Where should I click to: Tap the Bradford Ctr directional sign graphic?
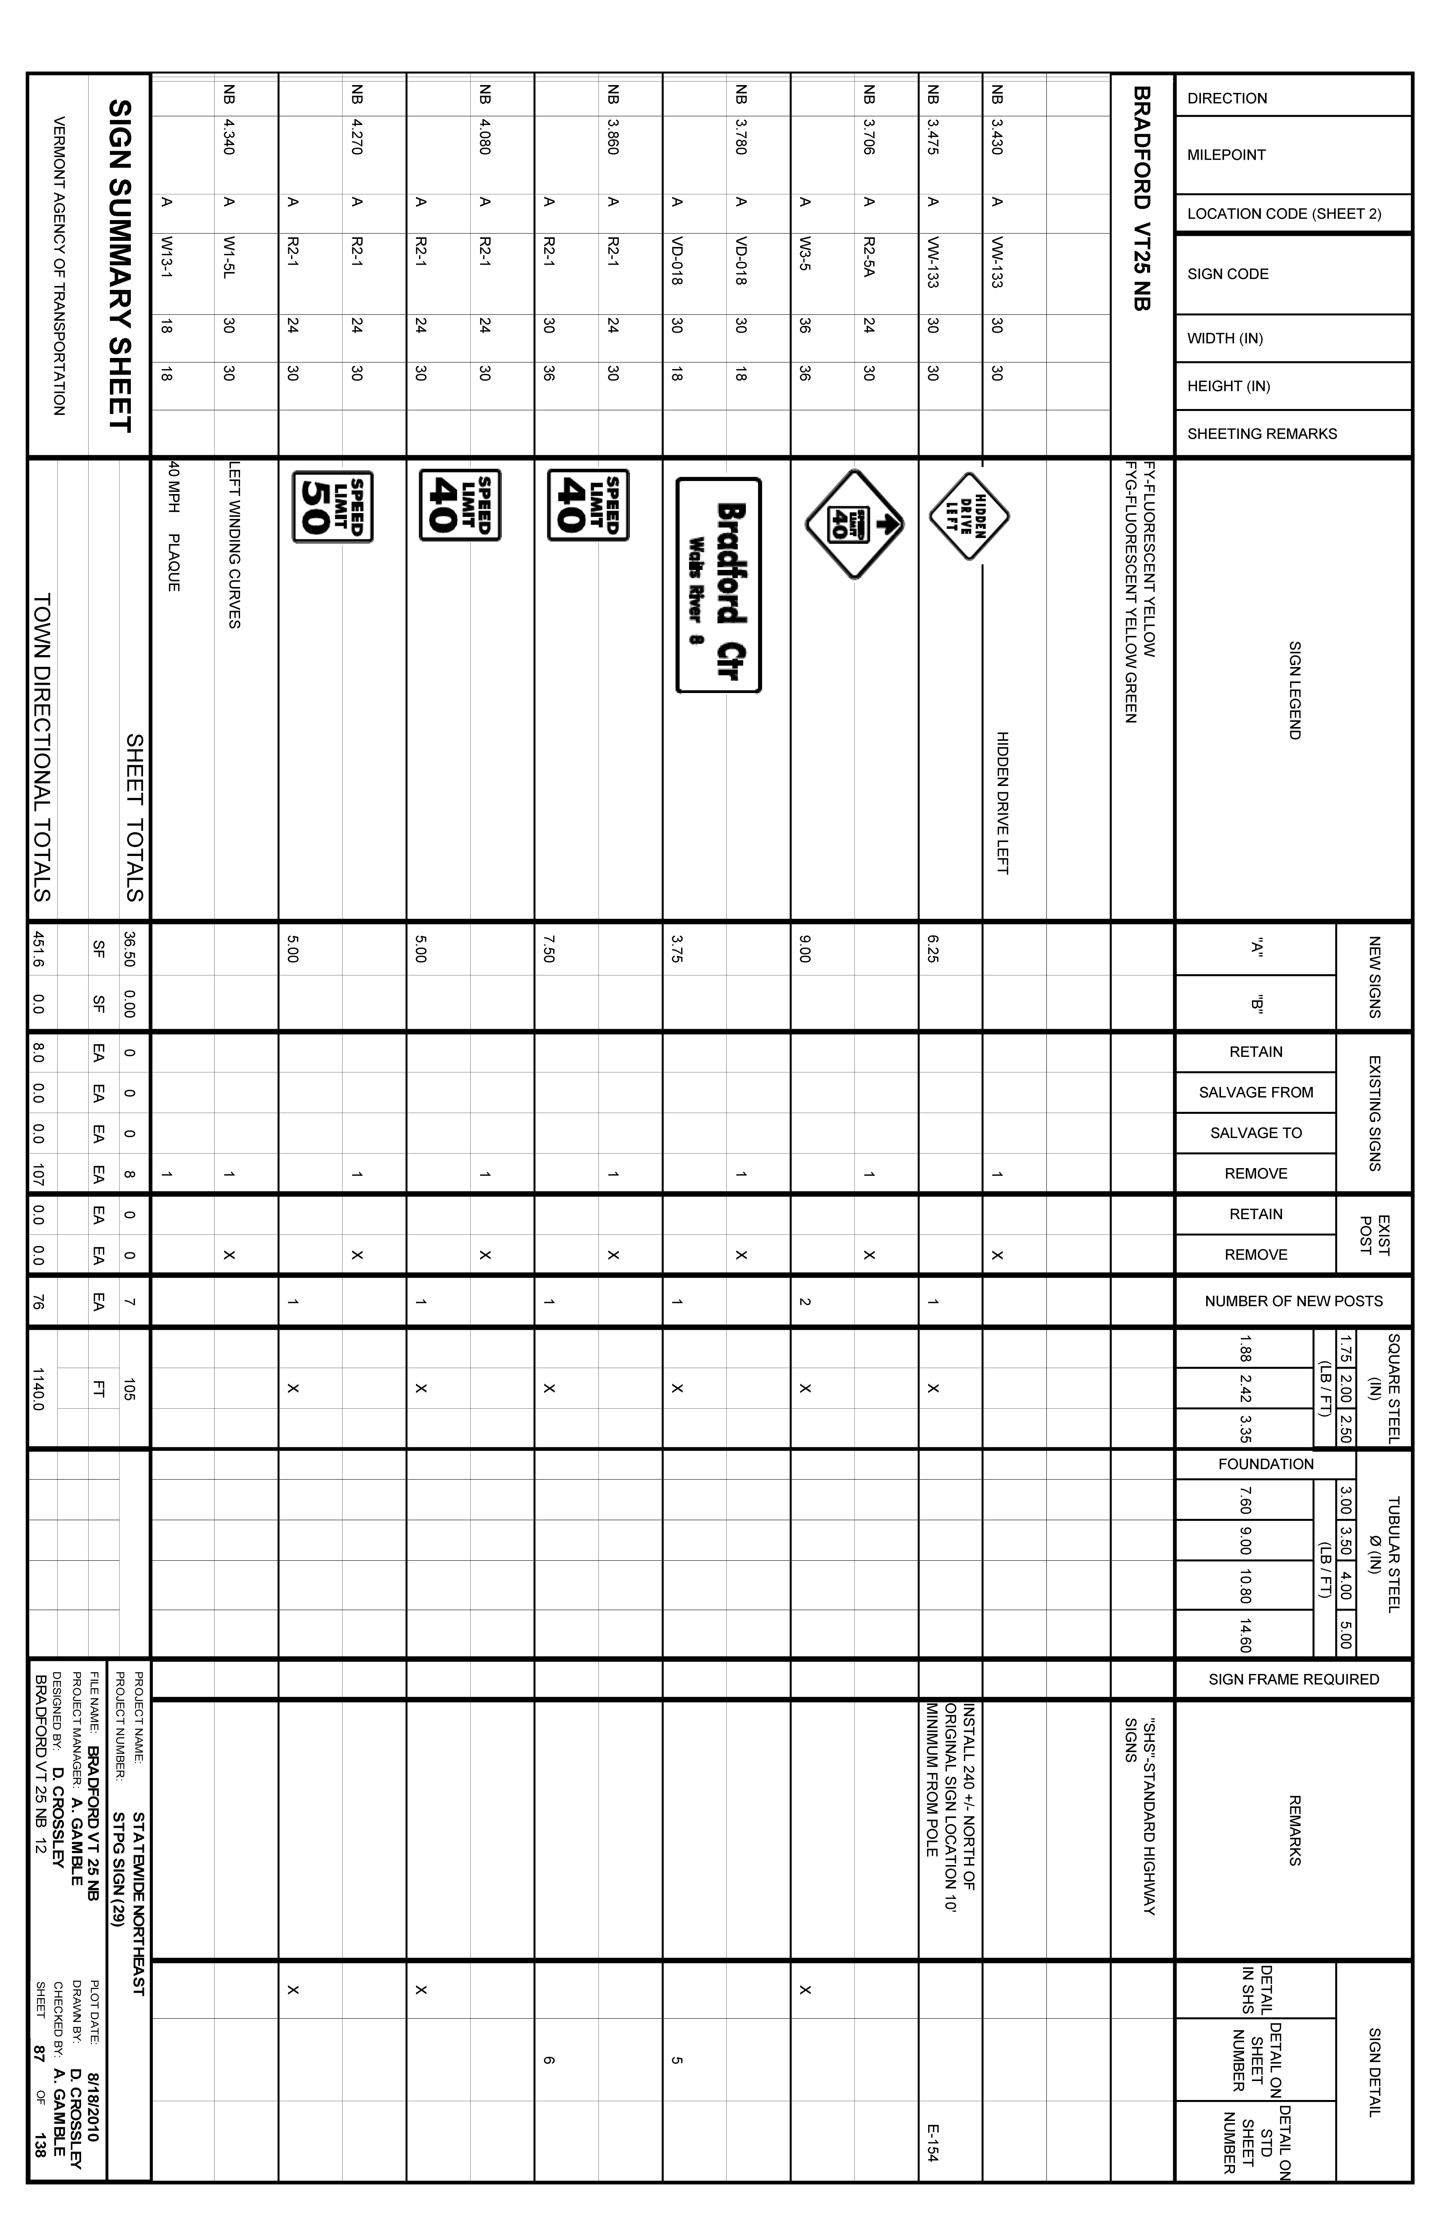click(x=719, y=585)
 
